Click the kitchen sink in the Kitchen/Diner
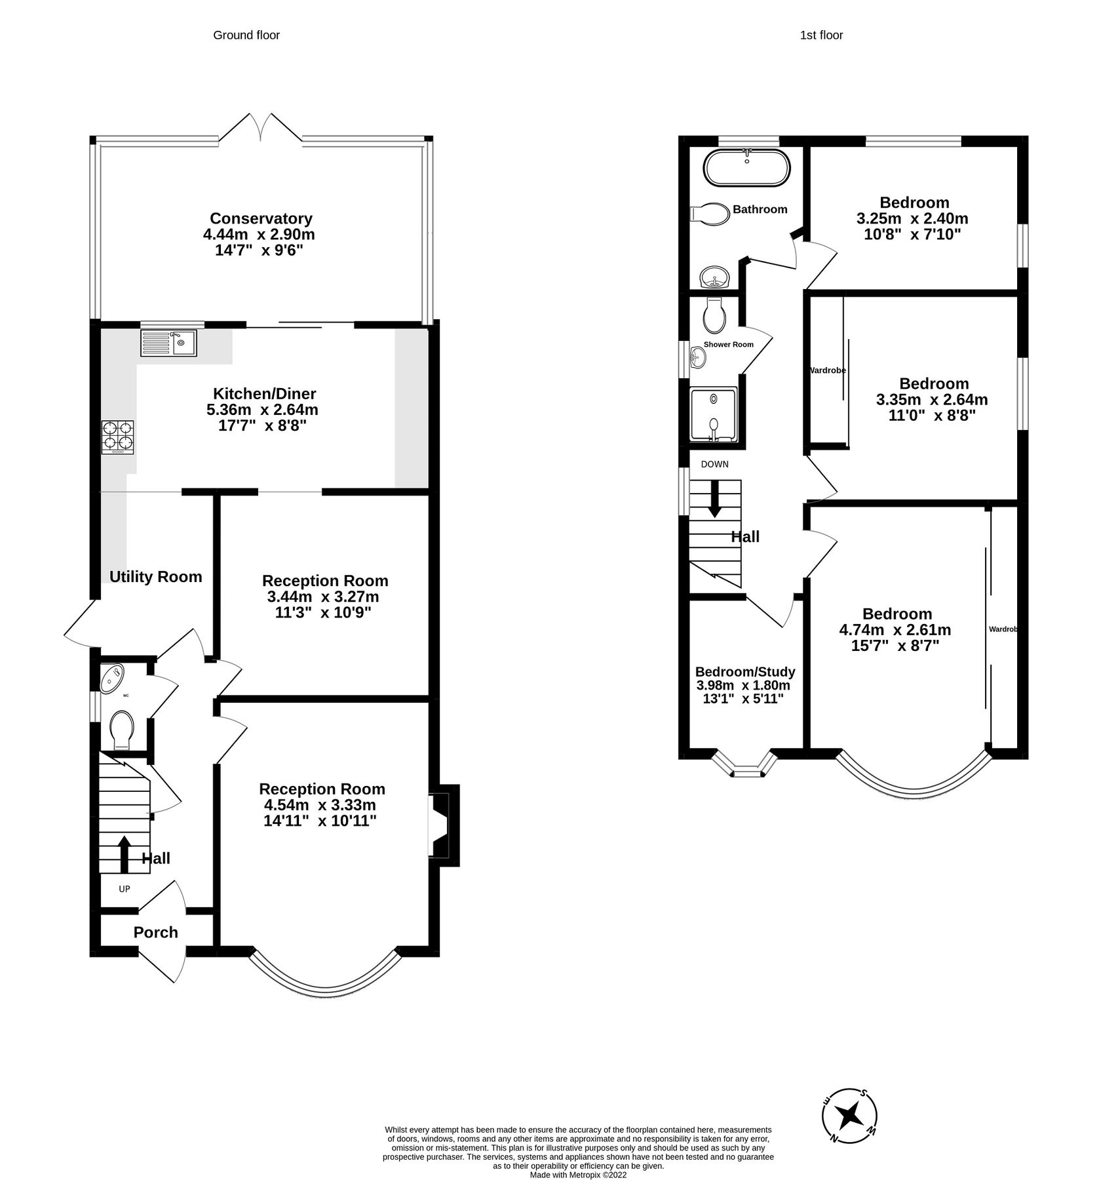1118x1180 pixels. [168, 344]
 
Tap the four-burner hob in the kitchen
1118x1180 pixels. [117, 437]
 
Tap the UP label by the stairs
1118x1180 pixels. [124, 889]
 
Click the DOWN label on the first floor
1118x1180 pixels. [714, 464]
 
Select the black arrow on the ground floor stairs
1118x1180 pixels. [124, 853]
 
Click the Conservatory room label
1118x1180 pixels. [261, 218]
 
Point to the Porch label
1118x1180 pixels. [155, 932]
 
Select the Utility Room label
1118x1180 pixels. [155, 577]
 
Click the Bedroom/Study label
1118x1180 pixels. [745, 672]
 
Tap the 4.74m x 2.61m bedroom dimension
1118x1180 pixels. [895, 630]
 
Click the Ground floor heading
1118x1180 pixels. [246, 35]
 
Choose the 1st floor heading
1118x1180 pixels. [821, 35]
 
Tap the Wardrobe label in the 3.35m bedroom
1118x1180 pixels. [826, 370]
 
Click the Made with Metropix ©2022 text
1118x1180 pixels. [578, 1175]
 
